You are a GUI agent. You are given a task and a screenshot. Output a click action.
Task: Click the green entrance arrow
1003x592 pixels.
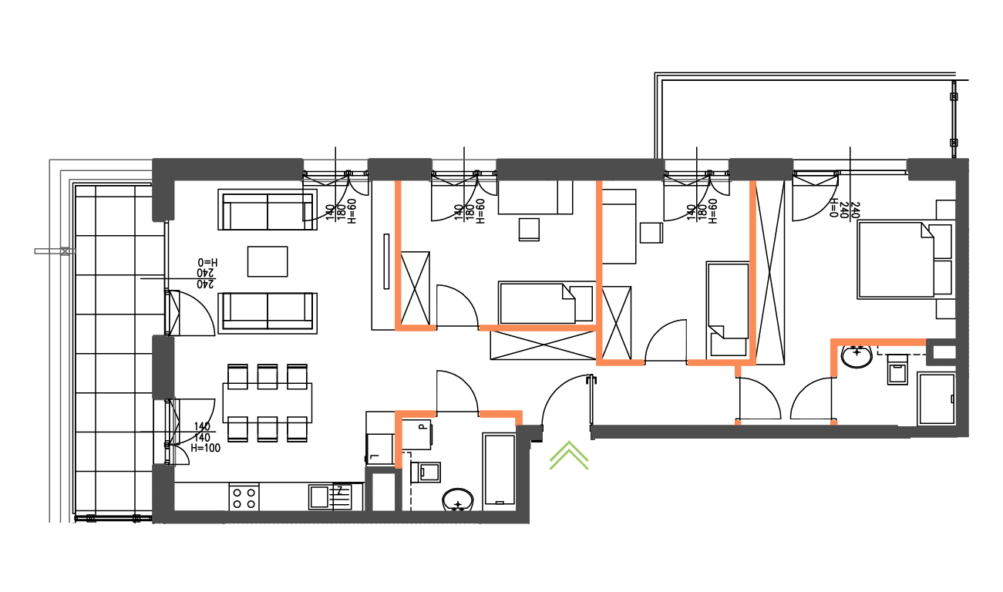tap(569, 456)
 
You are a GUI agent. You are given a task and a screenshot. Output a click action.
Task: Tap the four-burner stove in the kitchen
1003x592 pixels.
tap(244, 497)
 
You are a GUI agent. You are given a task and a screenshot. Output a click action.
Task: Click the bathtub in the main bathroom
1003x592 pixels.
tap(500, 469)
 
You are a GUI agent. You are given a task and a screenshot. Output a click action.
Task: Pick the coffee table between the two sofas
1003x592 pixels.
tap(268, 261)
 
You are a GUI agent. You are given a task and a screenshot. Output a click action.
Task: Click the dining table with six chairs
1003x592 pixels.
tap(267, 402)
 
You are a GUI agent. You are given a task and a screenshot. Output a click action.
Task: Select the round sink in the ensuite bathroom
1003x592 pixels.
tap(857, 356)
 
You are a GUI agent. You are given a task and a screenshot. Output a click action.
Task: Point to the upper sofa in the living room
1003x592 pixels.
tap(268, 210)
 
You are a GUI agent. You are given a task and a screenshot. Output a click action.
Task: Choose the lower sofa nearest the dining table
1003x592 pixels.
tap(268, 312)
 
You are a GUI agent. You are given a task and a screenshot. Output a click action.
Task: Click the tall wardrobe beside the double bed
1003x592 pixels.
tap(770, 270)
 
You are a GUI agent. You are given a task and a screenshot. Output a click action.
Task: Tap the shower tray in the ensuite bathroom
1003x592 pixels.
tap(936, 399)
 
